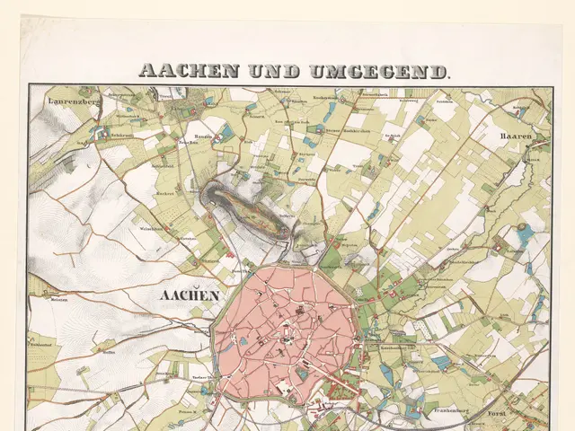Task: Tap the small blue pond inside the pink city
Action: click(x=243, y=342)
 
